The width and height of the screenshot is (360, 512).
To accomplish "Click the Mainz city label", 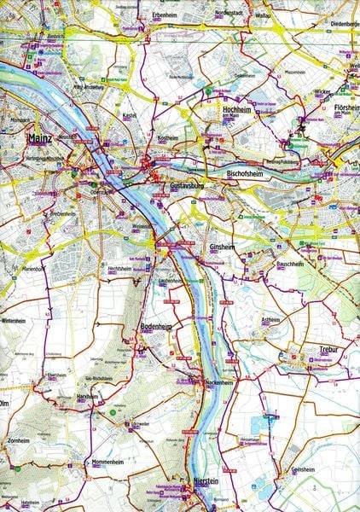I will [41, 137].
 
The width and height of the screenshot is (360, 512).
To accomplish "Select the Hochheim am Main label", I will [239, 111].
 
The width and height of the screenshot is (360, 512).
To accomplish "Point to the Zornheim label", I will [19, 443].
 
